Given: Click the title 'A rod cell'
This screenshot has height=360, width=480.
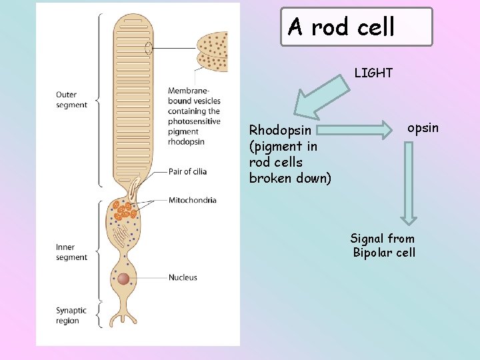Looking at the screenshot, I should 342,27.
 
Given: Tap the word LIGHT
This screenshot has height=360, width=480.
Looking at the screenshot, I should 373,73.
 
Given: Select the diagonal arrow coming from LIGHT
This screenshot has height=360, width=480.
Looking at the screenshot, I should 322,97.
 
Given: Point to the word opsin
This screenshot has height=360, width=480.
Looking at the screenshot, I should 423,127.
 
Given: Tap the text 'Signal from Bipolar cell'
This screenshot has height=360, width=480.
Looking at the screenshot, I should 383,245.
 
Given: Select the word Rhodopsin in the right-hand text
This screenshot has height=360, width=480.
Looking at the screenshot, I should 277,130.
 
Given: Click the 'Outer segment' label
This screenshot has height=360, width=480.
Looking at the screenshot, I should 71,100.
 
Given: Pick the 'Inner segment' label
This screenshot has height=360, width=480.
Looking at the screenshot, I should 71,252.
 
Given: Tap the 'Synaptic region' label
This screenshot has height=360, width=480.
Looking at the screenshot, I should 71,315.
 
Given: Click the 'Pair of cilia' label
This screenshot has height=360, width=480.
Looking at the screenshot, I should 187,171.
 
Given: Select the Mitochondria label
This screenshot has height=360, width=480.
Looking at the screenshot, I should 192,200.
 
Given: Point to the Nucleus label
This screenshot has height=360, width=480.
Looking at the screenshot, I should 183,277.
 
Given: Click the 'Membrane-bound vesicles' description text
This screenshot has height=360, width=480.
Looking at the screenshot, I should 194,116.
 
